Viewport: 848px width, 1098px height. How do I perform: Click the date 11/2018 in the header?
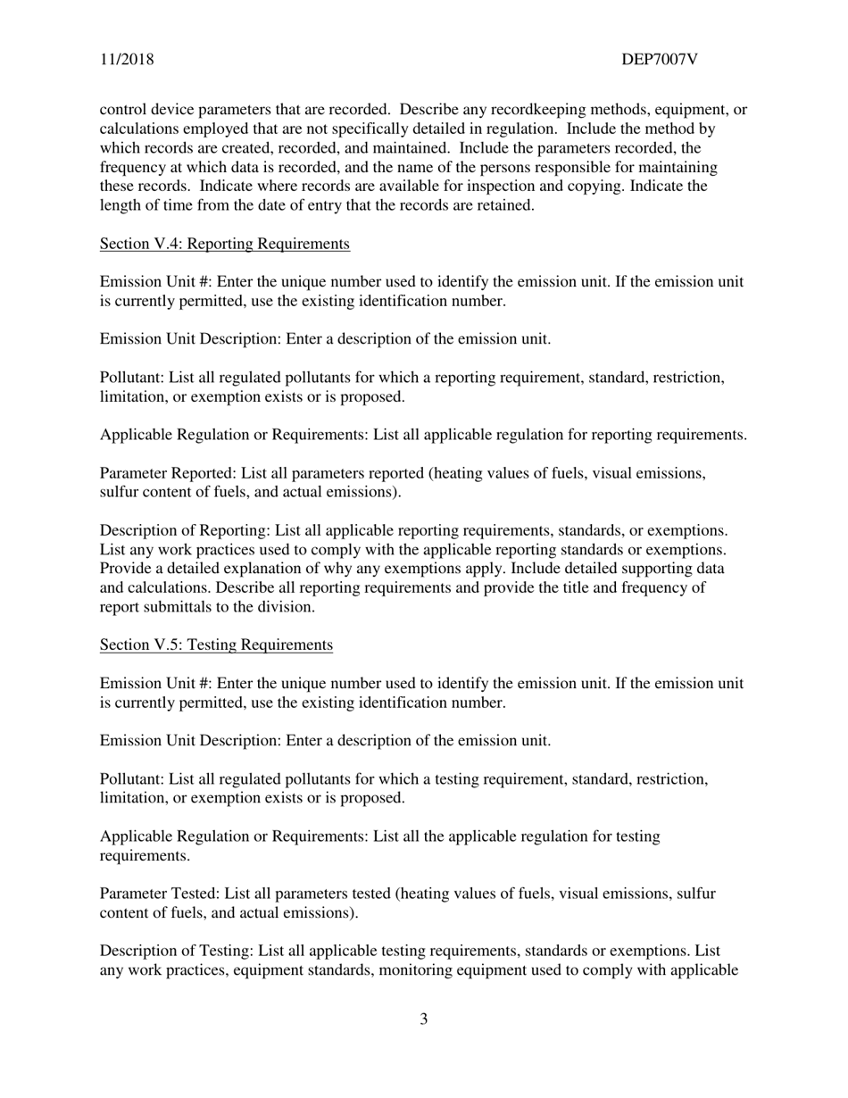pyautogui.click(x=126, y=60)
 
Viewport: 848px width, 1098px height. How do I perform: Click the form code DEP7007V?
pyautogui.click(x=659, y=60)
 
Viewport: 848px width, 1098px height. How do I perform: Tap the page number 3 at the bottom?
pyautogui.click(x=423, y=1019)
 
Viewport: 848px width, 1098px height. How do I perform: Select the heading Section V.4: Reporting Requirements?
pyautogui.click(x=224, y=244)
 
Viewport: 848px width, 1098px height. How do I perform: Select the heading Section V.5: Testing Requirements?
pyautogui.click(x=216, y=645)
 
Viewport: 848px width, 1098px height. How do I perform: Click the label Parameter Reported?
pyautogui.click(x=160, y=473)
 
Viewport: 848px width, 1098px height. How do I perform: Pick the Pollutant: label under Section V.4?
pyautogui.click(x=132, y=378)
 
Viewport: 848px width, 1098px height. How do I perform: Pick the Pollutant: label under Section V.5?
pyautogui.click(x=132, y=779)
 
